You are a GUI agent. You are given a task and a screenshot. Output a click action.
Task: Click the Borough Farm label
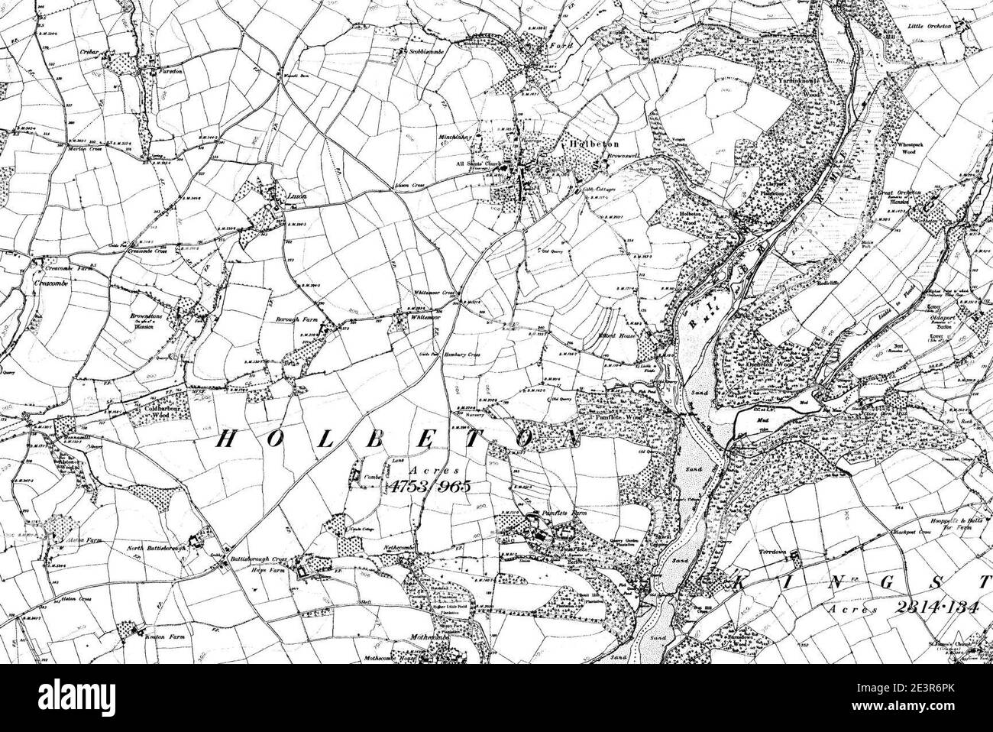(294, 319)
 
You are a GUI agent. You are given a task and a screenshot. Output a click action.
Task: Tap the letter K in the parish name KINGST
(739, 584)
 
